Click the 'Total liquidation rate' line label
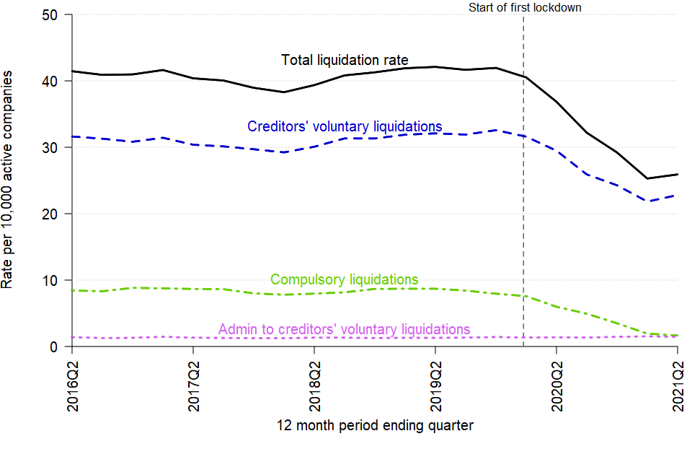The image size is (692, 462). (345, 60)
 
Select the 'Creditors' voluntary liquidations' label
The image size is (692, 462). (345, 126)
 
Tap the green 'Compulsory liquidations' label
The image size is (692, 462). (344, 279)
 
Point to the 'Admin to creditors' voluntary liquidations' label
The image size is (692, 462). (344, 330)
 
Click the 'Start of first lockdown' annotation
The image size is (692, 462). (524, 8)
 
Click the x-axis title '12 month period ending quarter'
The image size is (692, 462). (375, 425)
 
